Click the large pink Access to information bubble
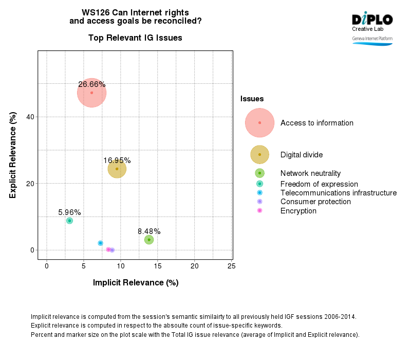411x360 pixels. point(92,93)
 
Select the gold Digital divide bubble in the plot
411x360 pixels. point(117,169)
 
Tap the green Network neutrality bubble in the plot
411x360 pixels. point(149,240)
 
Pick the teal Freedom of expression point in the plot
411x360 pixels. point(69,221)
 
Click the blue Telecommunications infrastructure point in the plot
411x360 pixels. point(101,243)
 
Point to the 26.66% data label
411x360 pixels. point(92,84)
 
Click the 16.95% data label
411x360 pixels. point(117,160)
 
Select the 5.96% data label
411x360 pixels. point(69,212)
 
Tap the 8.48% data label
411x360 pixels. point(149,231)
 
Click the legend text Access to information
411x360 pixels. point(316,123)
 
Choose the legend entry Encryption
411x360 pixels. point(298,211)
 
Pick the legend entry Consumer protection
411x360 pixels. point(315,202)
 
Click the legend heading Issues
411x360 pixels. point(252,99)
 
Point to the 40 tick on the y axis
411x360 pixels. point(30,117)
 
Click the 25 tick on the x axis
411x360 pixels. point(231,266)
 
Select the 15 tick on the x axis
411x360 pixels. point(157,266)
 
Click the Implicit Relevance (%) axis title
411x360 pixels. point(136,283)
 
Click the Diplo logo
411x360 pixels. point(372,21)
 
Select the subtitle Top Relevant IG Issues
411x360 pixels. point(135,38)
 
